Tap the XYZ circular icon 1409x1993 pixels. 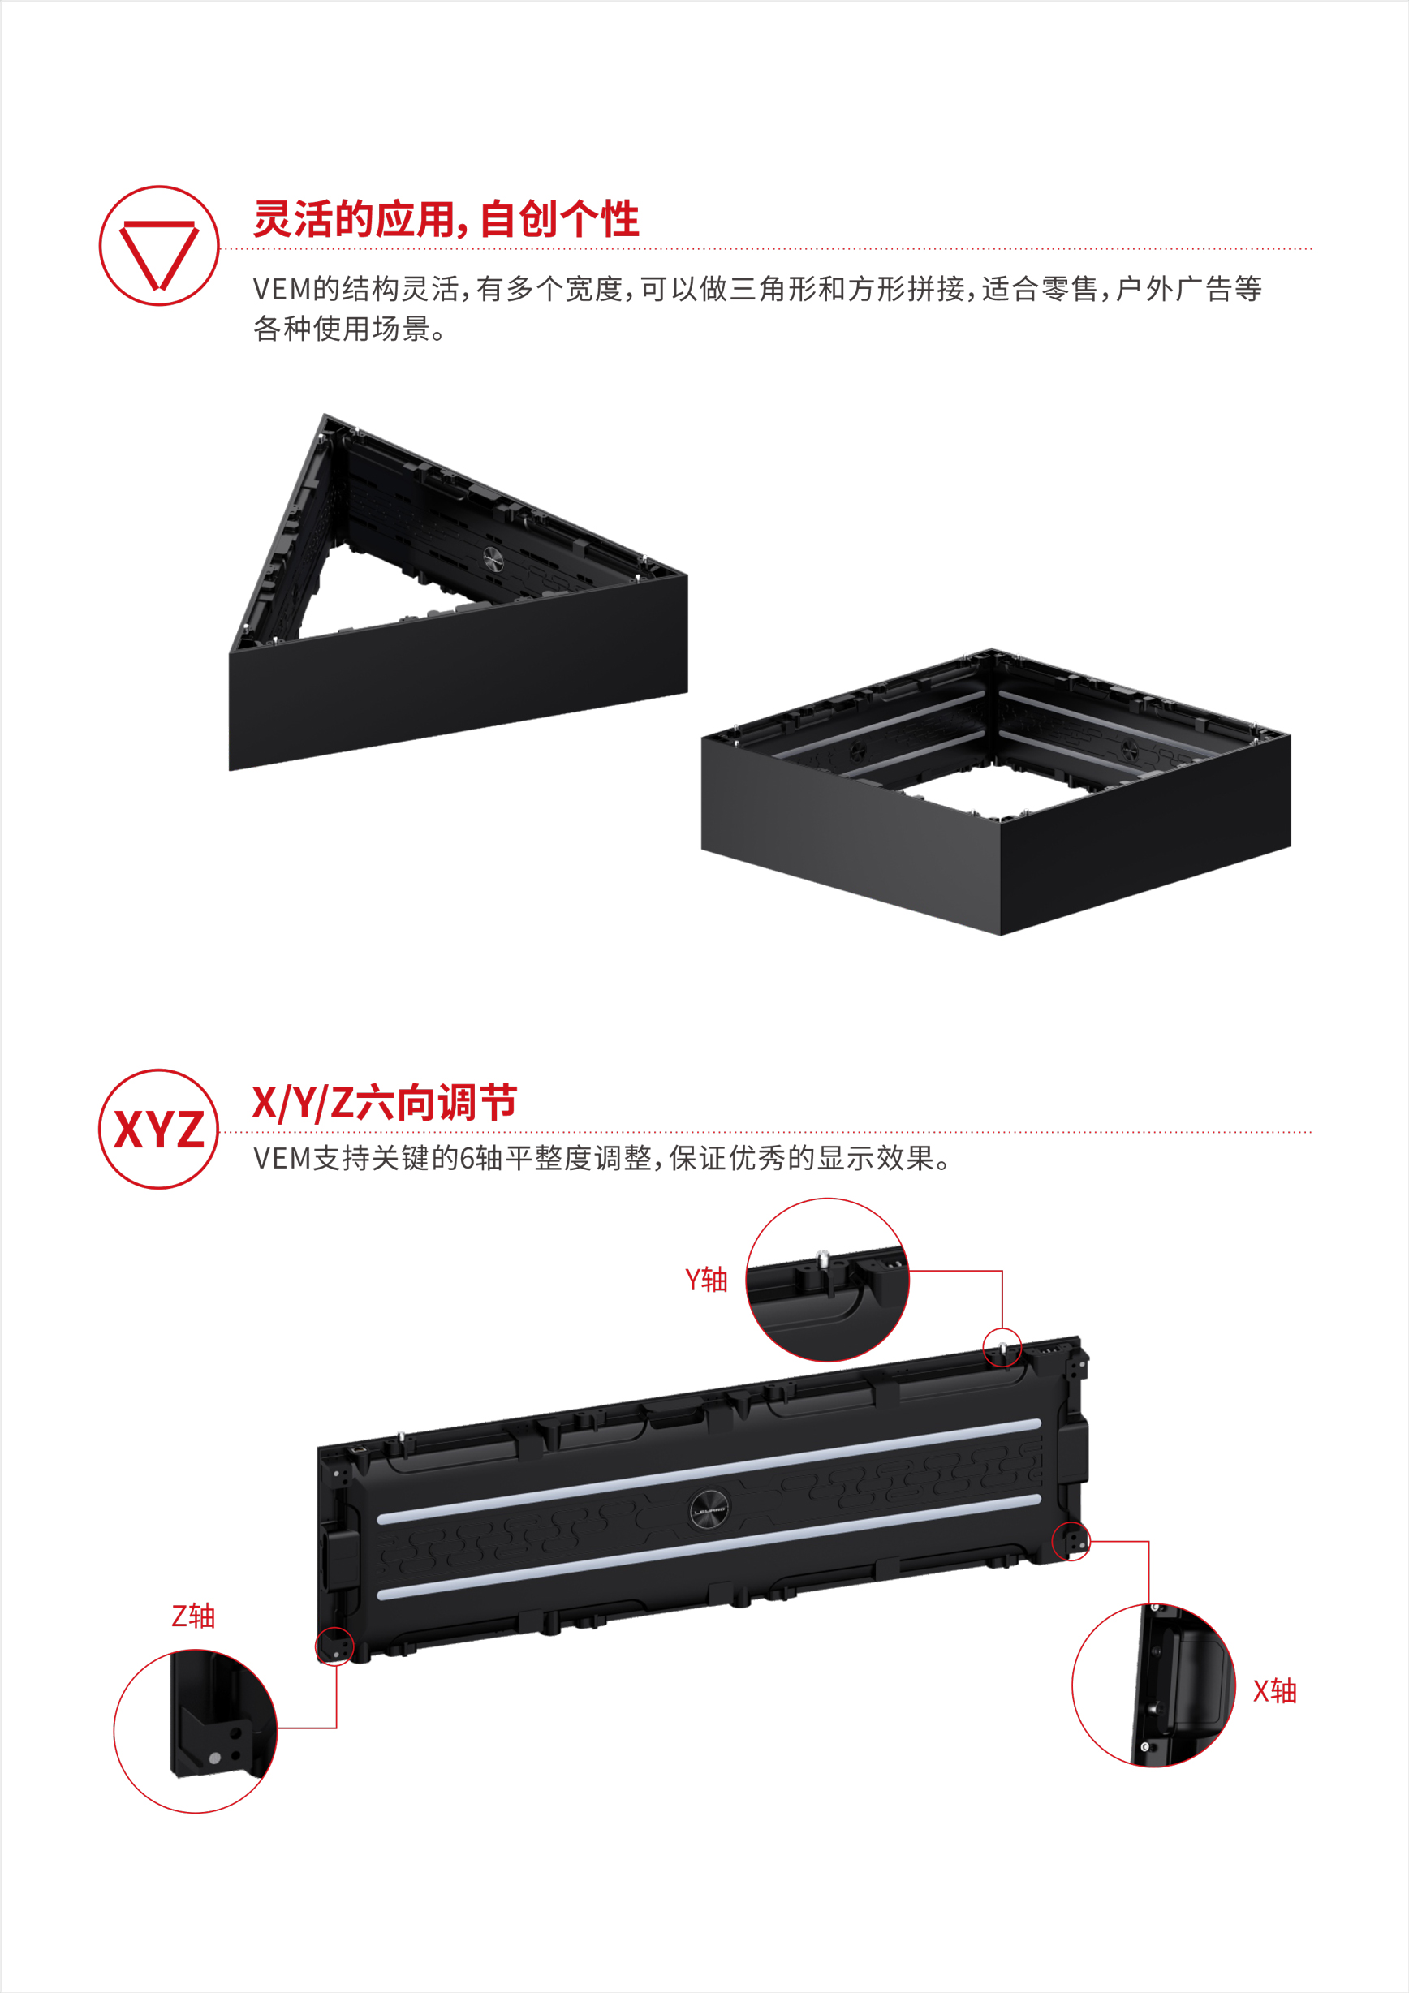coord(159,1129)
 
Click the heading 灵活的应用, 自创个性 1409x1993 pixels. coord(446,219)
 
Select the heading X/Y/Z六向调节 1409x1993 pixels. coord(385,1103)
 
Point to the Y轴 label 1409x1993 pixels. coord(707,1280)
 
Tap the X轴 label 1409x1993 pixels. coord(1274,1691)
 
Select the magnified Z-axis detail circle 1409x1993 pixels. coord(196,1732)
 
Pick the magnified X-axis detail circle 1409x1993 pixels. coord(1154,1685)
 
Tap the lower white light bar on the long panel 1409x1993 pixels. coord(709,1547)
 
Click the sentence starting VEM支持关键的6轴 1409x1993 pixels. coord(603,1158)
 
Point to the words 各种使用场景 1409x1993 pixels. coord(341,329)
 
